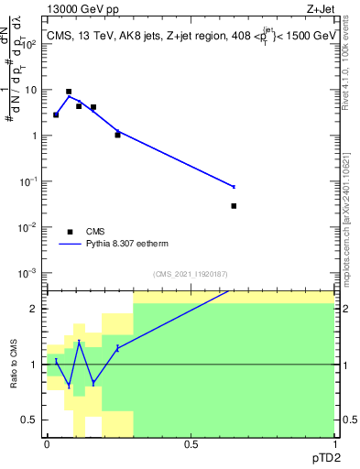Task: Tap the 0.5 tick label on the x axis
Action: [x=191, y=445]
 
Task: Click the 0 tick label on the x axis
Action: [x=47, y=445]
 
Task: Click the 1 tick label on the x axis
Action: [x=334, y=445]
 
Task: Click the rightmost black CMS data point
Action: [x=234, y=206]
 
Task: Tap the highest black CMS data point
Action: [x=69, y=92]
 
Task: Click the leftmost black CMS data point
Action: [x=56, y=115]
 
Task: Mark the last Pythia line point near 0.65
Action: [x=234, y=187]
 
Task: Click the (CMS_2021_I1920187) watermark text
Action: [x=190, y=274]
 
